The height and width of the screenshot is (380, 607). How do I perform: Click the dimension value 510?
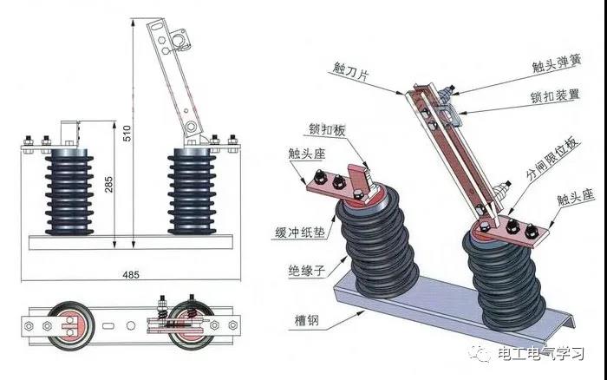(x=127, y=133)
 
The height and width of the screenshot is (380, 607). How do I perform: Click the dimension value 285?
(x=109, y=184)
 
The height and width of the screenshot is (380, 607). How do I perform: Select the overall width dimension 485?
(x=131, y=275)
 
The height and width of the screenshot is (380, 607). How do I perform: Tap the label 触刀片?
(x=350, y=72)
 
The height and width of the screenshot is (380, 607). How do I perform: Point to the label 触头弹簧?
(x=557, y=63)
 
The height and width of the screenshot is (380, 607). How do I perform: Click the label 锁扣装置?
(x=555, y=95)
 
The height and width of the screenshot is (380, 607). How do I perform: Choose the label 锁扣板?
(x=327, y=130)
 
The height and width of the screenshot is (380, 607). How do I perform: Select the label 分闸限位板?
(x=552, y=158)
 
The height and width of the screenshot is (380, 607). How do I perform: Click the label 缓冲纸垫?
(x=300, y=233)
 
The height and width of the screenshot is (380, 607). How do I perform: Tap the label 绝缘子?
(x=307, y=270)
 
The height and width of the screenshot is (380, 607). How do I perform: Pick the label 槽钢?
(x=307, y=321)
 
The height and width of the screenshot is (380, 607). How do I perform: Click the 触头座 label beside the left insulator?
(x=307, y=154)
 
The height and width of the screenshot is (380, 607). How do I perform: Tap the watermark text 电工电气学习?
(x=541, y=353)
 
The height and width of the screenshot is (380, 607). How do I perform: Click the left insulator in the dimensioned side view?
(x=69, y=192)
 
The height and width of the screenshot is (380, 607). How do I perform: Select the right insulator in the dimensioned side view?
(x=192, y=192)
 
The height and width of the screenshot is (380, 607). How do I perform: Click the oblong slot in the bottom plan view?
(x=108, y=325)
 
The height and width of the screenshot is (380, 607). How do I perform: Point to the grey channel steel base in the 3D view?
(x=452, y=306)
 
